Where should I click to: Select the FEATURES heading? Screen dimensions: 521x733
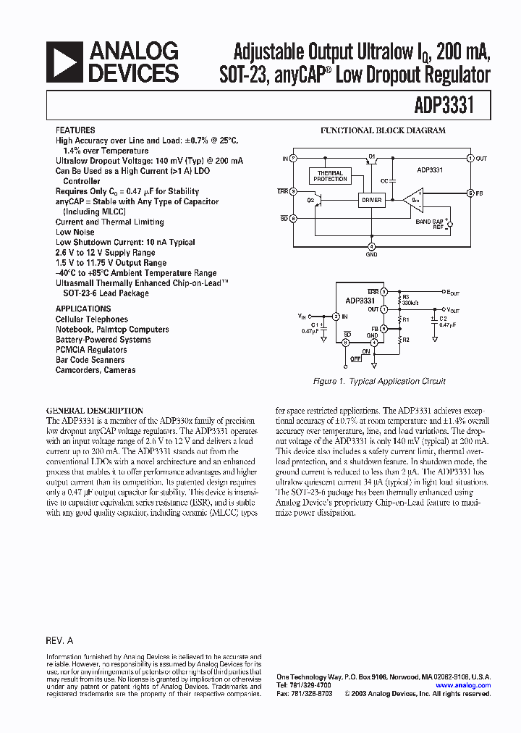point(75,130)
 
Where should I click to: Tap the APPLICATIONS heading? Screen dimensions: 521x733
point(83,309)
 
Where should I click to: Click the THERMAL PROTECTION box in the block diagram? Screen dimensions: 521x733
point(331,176)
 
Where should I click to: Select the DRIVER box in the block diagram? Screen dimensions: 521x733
point(372,200)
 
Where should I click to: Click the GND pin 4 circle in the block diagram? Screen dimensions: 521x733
point(371,246)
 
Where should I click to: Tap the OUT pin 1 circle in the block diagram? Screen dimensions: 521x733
point(470,158)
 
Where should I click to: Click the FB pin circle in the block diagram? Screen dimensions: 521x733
point(470,193)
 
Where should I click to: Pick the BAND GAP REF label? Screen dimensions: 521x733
point(429,225)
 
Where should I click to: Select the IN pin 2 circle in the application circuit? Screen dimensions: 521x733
point(336,317)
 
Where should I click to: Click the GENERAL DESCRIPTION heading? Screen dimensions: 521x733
point(95,410)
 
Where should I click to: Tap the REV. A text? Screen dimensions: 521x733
point(59,641)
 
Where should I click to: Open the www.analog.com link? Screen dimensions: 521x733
point(463,685)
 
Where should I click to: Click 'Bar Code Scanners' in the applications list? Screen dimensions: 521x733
point(90,360)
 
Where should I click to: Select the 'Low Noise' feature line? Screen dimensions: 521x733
point(75,233)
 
